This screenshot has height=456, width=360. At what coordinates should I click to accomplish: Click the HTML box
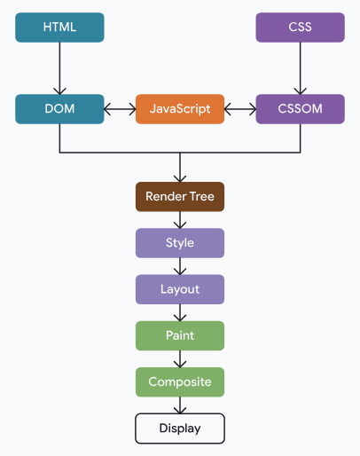coord(59,28)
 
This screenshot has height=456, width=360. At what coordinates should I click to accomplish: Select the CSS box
coord(300,28)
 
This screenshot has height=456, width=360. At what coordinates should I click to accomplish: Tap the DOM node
coord(59,109)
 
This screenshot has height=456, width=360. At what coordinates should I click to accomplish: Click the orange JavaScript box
coord(180,109)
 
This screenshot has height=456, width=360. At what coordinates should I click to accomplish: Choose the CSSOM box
coord(300,109)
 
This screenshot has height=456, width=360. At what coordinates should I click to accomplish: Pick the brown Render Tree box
coord(180,196)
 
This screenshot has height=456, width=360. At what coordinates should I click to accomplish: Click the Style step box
coord(180,242)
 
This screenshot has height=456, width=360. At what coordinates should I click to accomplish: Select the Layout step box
coord(180,289)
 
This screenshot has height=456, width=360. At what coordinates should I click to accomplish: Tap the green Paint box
coord(180,335)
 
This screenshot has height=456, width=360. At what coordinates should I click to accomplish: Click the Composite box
coord(180,381)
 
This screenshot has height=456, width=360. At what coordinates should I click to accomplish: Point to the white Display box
coord(180,428)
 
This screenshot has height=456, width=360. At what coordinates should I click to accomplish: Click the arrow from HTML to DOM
coord(59,68)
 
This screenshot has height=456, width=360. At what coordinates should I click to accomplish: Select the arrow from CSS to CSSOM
coord(300,68)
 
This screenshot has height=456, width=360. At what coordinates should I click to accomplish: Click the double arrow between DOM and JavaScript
coord(120,109)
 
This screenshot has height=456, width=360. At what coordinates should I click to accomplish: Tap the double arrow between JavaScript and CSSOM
coord(240,109)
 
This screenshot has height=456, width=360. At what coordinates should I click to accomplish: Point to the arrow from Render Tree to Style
coord(180,220)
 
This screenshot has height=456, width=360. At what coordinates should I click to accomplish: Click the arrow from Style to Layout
coord(180,266)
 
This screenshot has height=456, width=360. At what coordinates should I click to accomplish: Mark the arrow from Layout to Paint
coord(180,312)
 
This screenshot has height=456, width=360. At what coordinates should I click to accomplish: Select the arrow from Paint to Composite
coord(180,358)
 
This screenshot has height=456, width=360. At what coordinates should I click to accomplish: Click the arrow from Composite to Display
coord(180,405)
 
